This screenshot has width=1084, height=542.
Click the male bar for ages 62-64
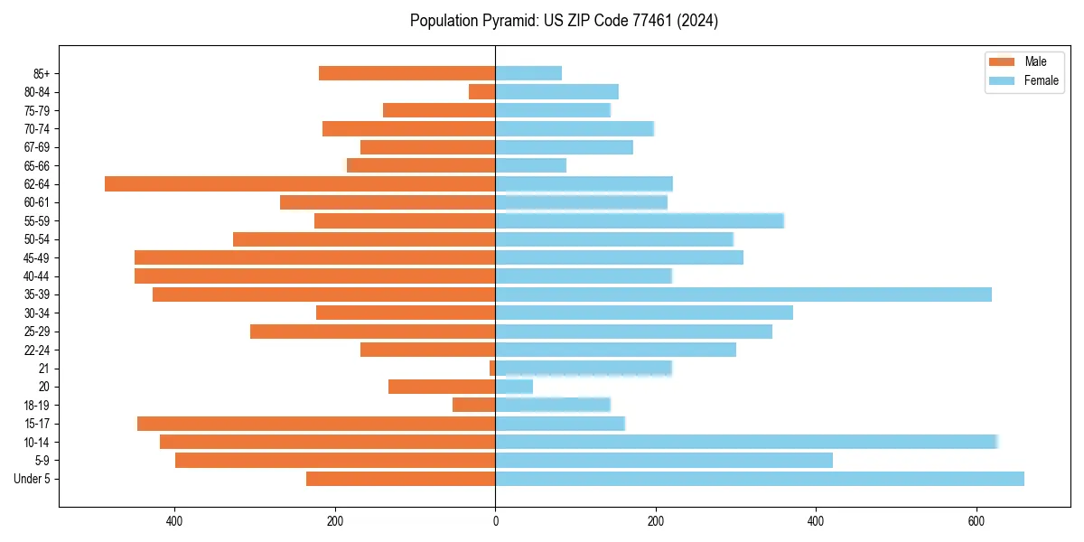click(x=300, y=184)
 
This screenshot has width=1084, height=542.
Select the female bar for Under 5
click(x=760, y=479)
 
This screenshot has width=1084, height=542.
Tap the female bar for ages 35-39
click(x=743, y=294)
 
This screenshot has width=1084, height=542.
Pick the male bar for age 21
click(x=492, y=369)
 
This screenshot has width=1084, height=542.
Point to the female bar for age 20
click(x=514, y=387)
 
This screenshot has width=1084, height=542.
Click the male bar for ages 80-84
click(x=482, y=92)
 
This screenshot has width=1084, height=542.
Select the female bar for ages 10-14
click(x=746, y=442)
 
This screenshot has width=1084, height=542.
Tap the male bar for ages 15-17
click(x=316, y=424)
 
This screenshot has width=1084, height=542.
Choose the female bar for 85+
click(x=528, y=73)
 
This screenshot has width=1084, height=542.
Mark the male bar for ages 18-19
click(x=474, y=406)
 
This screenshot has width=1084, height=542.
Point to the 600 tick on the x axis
click(x=977, y=521)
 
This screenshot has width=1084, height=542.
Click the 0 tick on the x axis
click(x=495, y=521)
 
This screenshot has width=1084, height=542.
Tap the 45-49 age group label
click(x=37, y=257)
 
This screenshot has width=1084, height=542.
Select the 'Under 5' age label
click(x=33, y=479)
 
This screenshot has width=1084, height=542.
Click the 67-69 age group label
click(x=37, y=147)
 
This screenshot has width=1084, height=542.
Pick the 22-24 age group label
click(x=37, y=350)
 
